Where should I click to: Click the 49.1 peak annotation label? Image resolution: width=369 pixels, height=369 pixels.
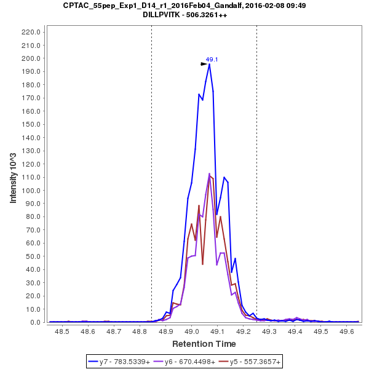click(x=212, y=60)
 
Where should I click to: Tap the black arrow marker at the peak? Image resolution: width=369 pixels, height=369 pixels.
click(x=204, y=63)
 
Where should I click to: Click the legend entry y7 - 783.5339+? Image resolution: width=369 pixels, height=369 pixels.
click(x=124, y=362)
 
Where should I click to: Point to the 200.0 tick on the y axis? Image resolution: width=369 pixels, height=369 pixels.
click(x=32, y=58)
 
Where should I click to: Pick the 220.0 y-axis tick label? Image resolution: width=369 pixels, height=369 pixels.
click(x=32, y=32)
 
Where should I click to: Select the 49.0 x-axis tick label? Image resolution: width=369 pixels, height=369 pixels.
click(x=192, y=331)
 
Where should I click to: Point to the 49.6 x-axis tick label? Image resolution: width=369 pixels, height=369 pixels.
click(x=347, y=331)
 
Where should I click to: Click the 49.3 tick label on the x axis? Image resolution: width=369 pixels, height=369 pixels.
click(x=269, y=331)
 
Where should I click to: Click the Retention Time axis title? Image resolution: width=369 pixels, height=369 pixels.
click(x=204, y=343)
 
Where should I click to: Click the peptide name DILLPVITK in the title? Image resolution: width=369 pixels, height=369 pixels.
click(x=159, y=15)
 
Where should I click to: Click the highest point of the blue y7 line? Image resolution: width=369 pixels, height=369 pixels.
click(x=209, y=64)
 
